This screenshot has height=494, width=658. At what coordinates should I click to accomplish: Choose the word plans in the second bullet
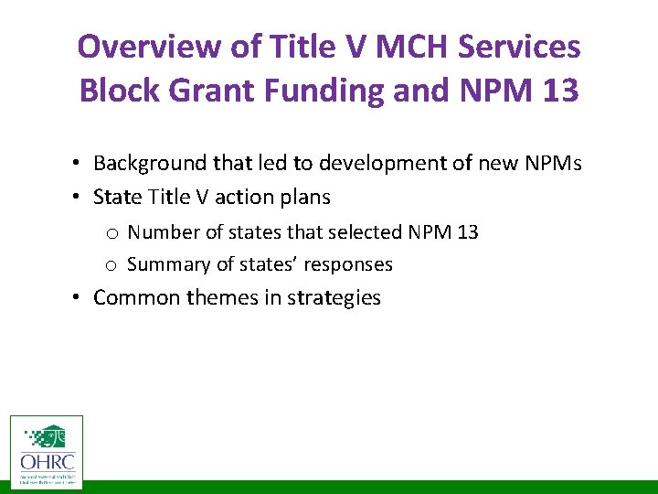304,198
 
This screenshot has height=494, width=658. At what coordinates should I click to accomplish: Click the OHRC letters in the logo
46,462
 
